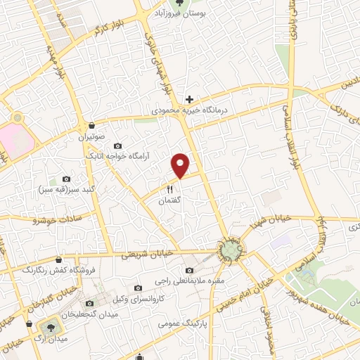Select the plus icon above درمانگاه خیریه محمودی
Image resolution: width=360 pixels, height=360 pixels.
coord(188,100)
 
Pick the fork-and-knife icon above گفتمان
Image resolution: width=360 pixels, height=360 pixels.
coord(169,189)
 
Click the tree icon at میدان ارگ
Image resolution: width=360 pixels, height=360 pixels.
coord(49,326)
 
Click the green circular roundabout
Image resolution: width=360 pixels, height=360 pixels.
coord(229,250)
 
